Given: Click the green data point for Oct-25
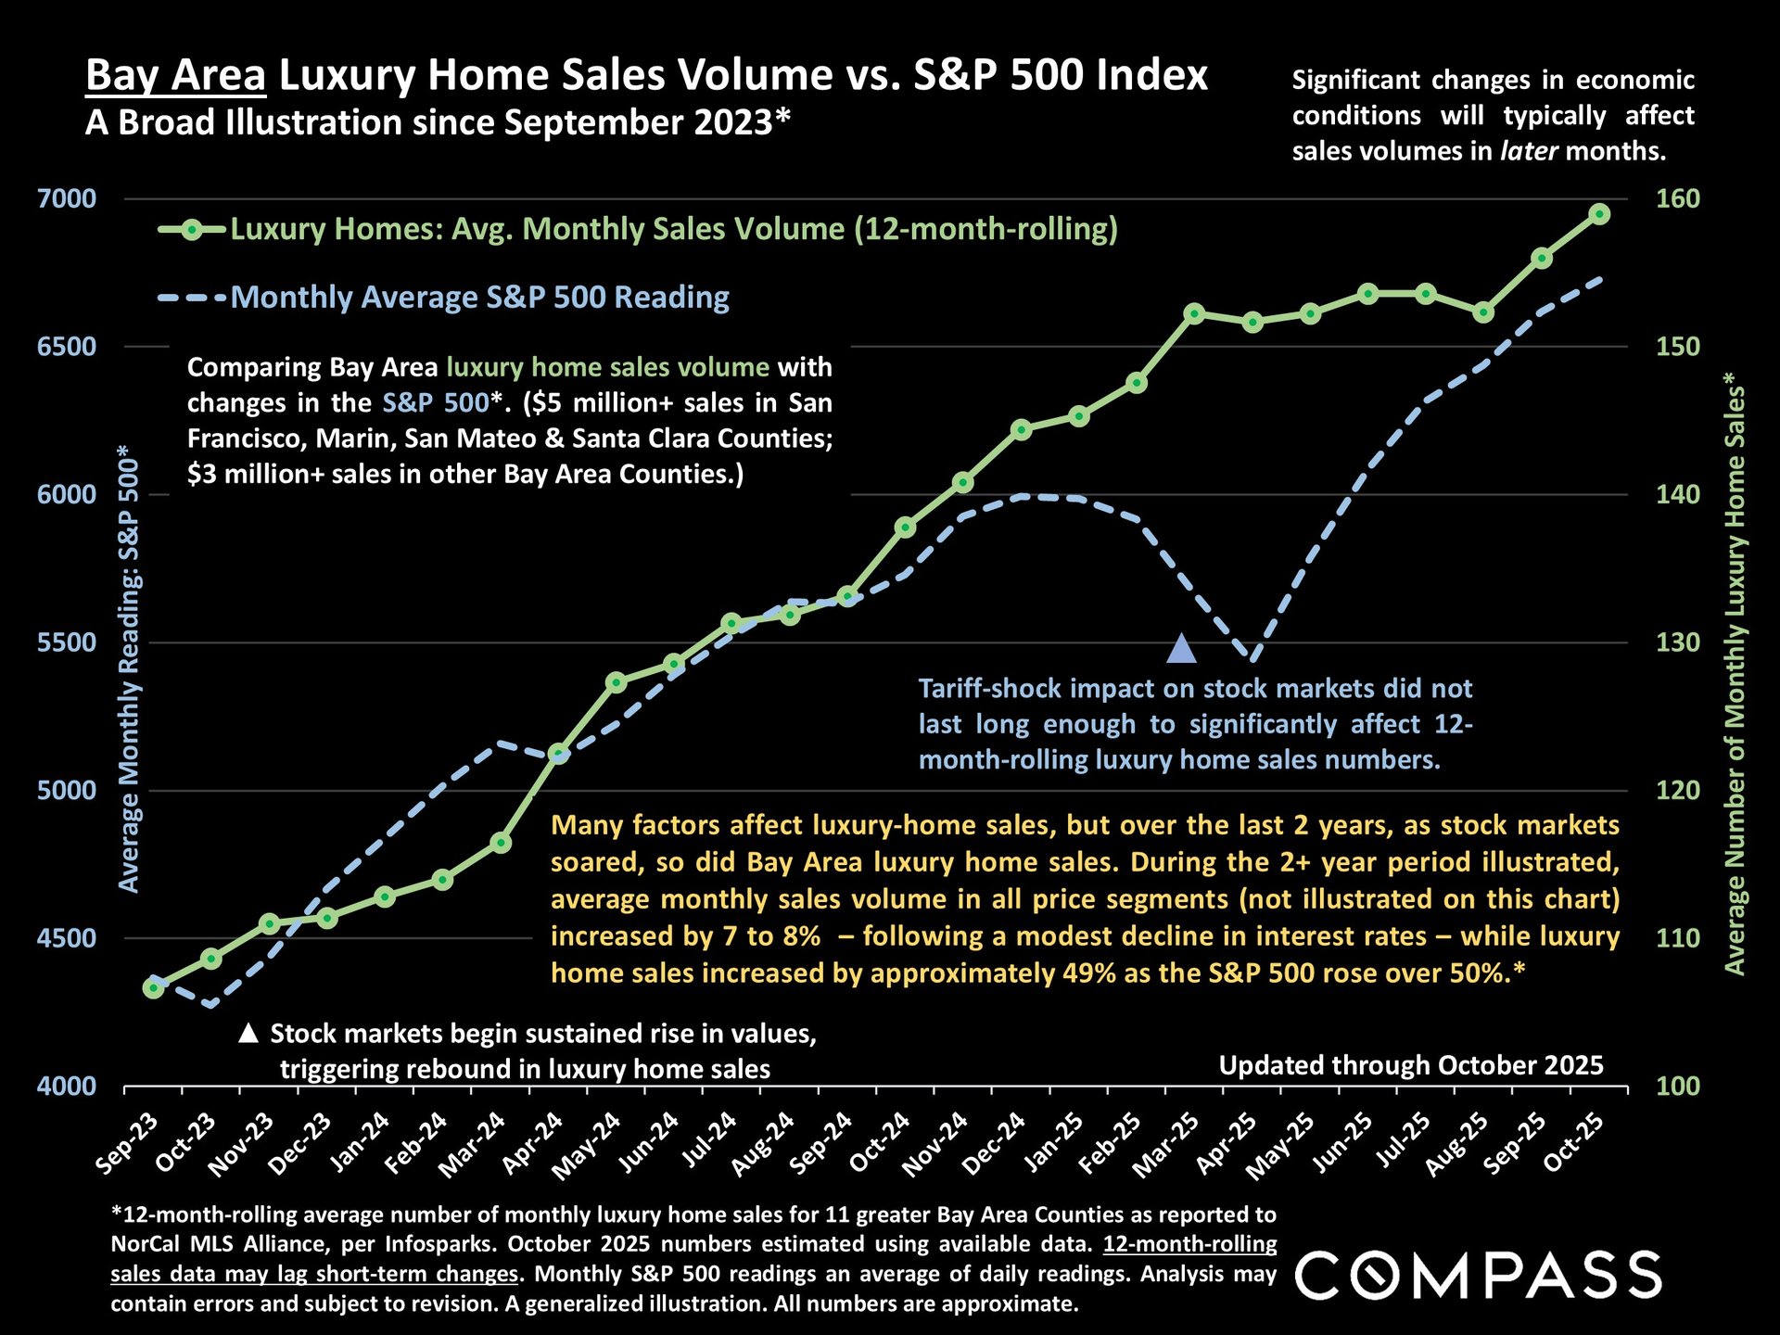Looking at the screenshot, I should click(x=1599, y=214).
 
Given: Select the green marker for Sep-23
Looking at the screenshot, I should click(x=153, y=988).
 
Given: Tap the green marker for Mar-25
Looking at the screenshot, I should click(x=1194, y=313).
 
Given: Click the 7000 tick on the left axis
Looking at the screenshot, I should click(x=67, y=198).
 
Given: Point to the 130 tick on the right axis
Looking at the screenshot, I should click(x=1678, y=642).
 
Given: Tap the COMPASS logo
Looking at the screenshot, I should click(x=1478, y=1275).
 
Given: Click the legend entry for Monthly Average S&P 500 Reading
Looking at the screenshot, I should click(x=479, y=298).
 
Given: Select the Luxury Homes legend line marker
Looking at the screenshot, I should click(x=191, y=229).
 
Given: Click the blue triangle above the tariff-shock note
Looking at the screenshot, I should click(x=1182, y=649).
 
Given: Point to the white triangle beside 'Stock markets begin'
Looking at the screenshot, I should click(x=248, y=1033).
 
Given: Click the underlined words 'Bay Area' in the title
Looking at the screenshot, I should click(x=175, y=75).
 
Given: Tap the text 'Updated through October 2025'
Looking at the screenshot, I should click(x=1410, y=1065).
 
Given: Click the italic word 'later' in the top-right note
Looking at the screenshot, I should click(x=1530, y=151).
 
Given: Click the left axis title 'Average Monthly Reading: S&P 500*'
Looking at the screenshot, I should click(x=129, y=667).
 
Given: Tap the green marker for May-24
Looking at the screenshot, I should click(x=617, y=682).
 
